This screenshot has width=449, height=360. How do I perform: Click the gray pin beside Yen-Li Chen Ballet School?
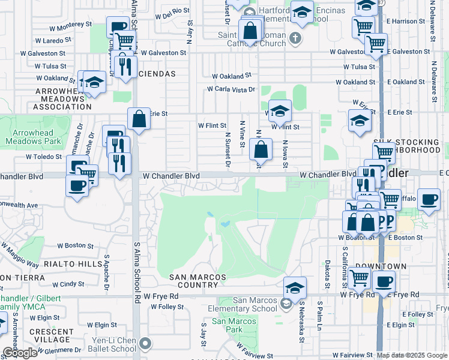(144, 344)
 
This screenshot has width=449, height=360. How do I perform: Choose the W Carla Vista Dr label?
(231, 89)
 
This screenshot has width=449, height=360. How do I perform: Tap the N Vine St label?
(243, 133)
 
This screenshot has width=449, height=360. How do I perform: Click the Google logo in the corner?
(19, 353)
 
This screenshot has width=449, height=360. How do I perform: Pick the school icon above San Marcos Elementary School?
(295, 287)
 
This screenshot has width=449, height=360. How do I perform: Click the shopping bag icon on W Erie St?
(139, 119)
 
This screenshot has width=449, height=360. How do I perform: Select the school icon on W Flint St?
(280, 110)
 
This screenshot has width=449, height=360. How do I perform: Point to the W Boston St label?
(76, 245)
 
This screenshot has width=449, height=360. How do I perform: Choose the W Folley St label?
(167, 307)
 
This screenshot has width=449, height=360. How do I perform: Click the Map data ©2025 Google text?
(412, 355)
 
